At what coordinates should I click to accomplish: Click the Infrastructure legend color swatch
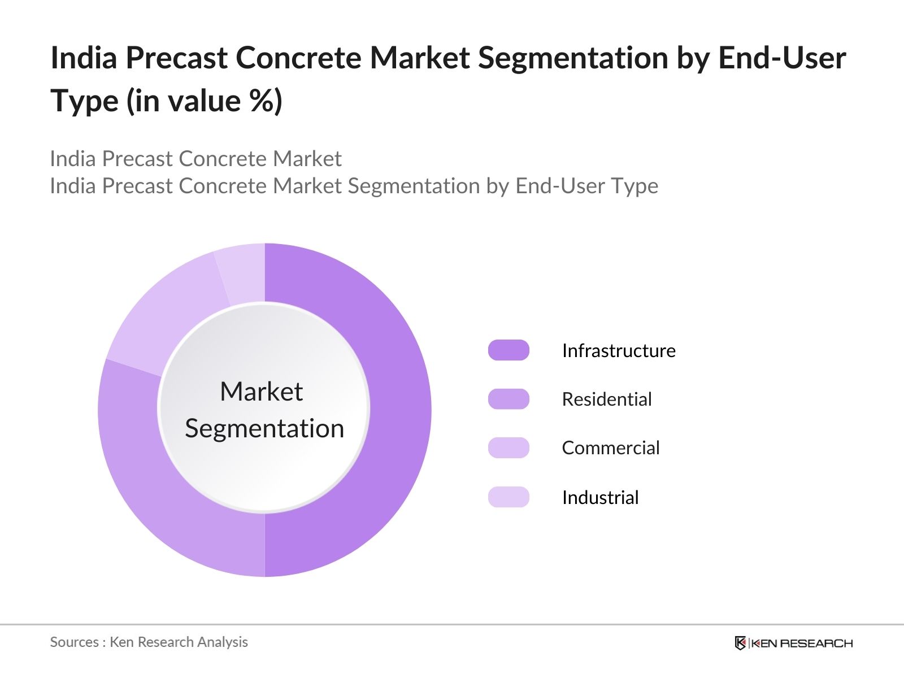click(508, 350)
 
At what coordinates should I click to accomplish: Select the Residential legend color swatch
click(508, 399)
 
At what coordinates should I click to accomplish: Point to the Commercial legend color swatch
click(508, 447)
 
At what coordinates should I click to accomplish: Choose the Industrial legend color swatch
click(508, 497)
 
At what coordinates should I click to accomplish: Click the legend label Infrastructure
click(619, 350)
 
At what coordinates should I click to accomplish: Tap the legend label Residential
click(607, 399)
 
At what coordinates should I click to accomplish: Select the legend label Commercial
click(611, 447)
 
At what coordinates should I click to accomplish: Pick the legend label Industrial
click(600, 497)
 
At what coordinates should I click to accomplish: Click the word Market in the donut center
click(262, 391)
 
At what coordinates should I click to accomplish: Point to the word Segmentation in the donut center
click(264, 428)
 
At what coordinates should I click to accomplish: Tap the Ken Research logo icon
click(740, 643)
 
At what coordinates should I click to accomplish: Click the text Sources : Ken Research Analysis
click(149, 642)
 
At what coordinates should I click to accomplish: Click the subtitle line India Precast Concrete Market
click(195, 159)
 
